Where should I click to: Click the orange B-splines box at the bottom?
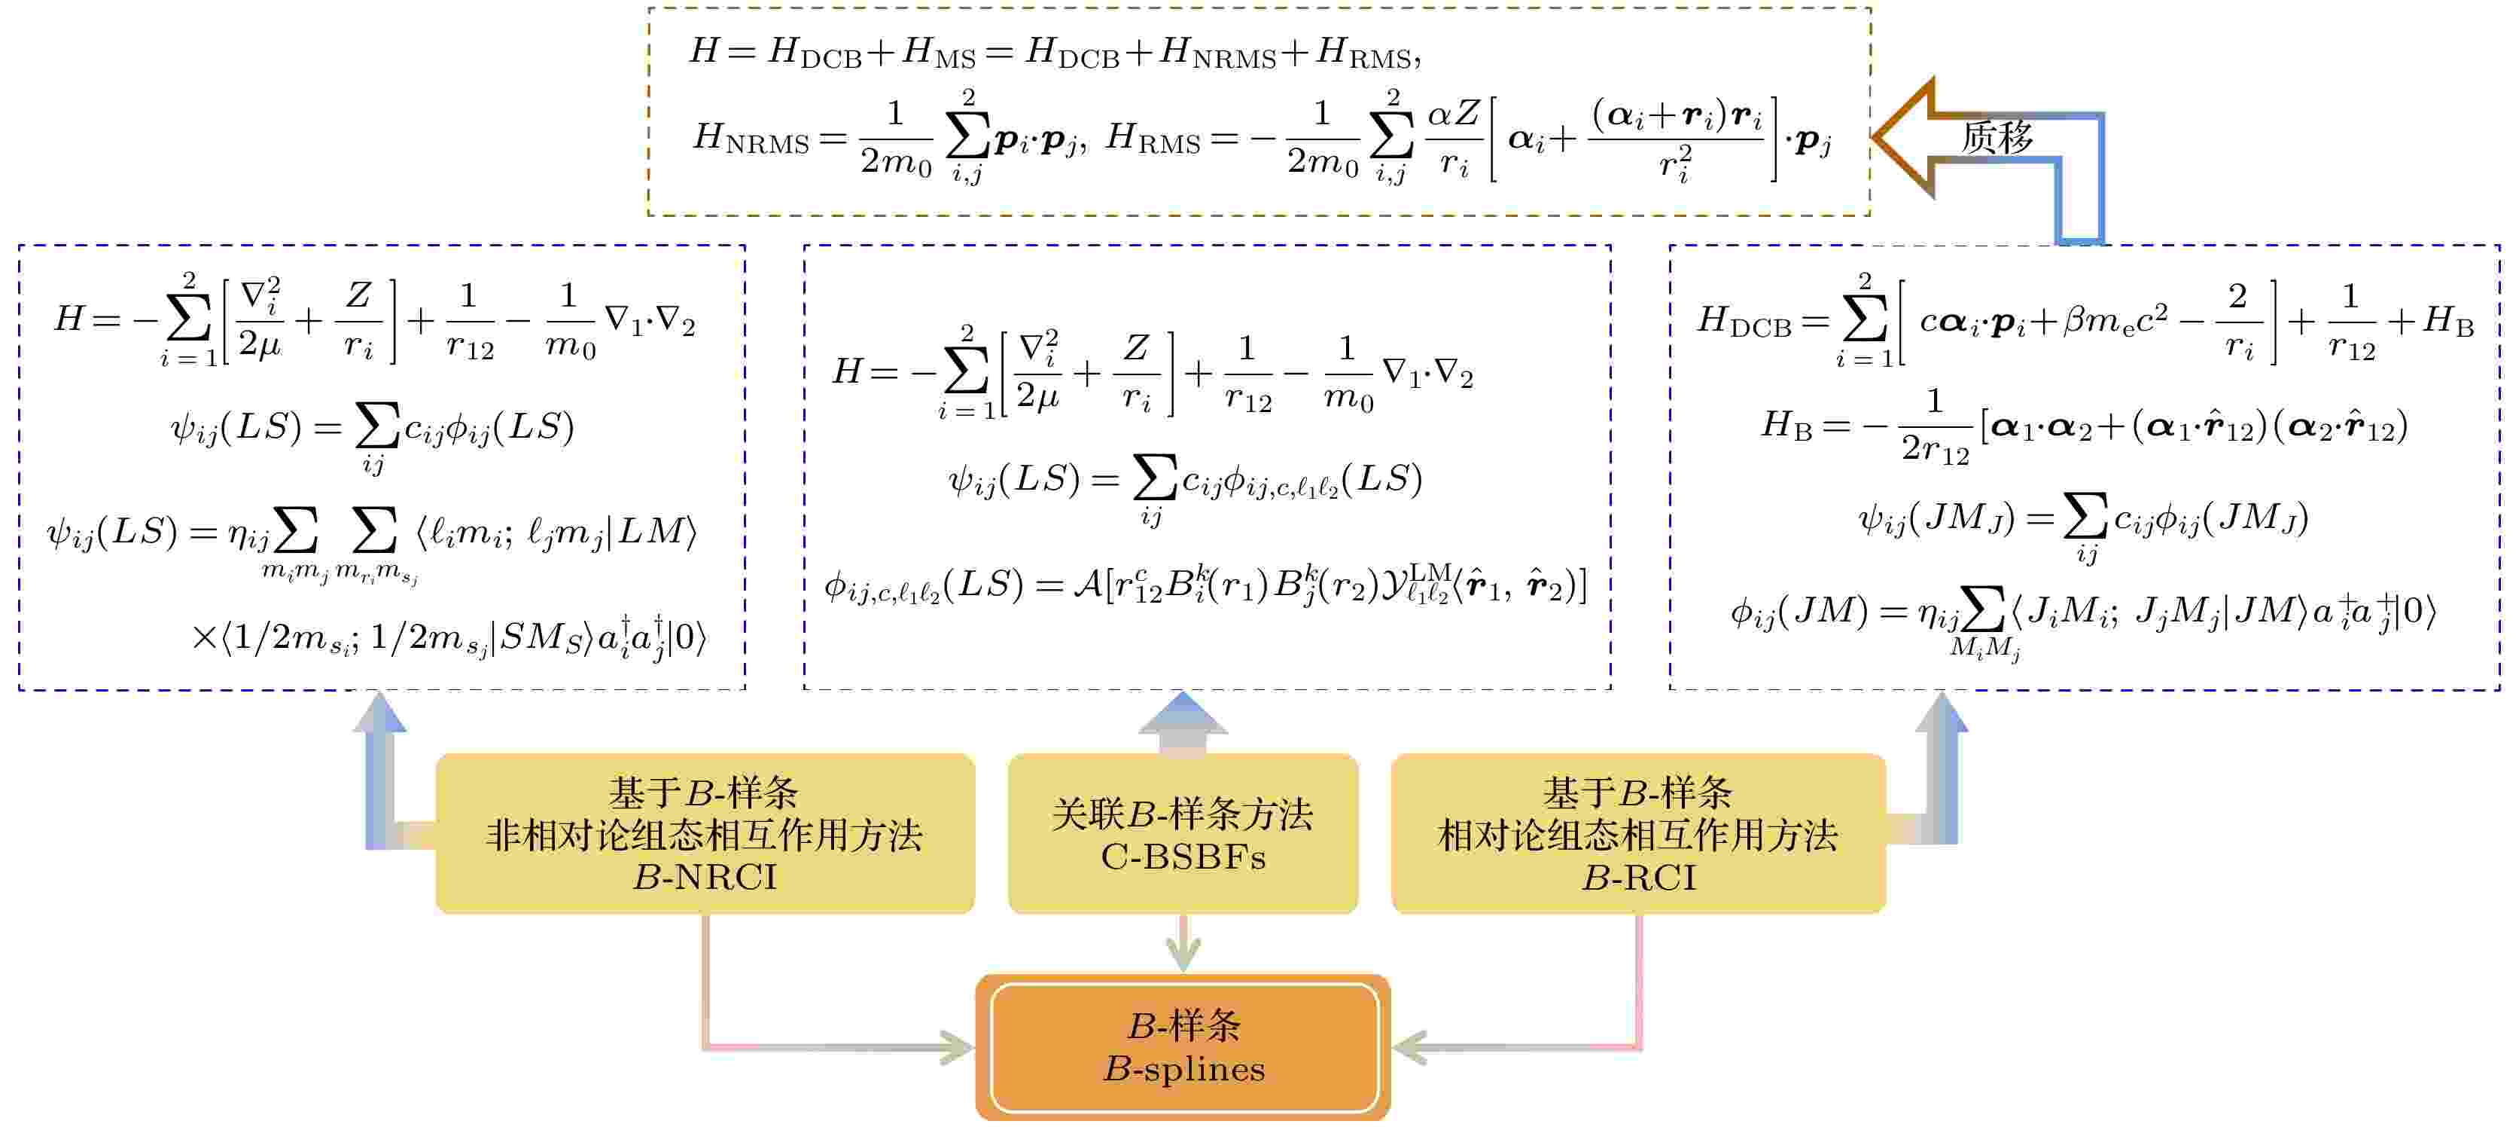1183,1047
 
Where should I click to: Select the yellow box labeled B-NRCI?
705,833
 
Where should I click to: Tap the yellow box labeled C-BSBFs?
1183,833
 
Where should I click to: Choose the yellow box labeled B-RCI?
1638,833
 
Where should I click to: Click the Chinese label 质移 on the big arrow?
1997,138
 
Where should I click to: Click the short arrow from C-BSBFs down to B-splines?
1183,943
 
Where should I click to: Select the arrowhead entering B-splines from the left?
956,1047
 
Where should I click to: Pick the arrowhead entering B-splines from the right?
1410,1047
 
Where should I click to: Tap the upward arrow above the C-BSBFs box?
1183,722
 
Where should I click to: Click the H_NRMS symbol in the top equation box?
751,139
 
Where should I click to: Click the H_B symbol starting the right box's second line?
1786,425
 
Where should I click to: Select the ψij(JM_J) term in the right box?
1937,518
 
